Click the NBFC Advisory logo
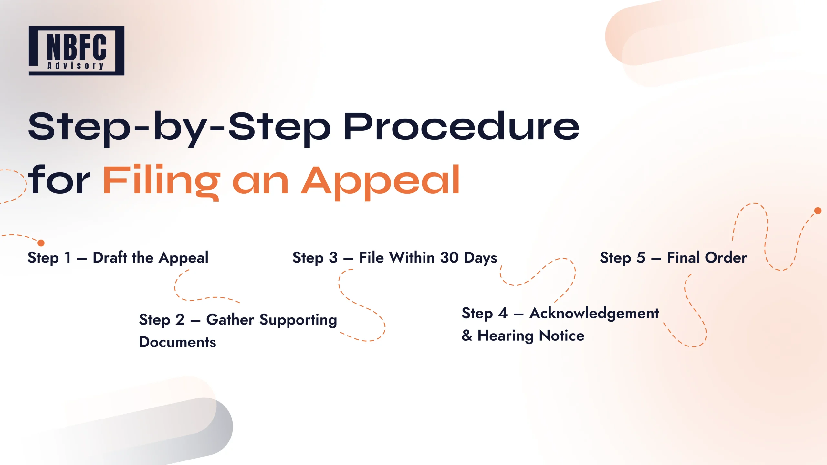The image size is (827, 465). [x=77, y=51]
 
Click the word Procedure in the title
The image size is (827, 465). [x=461, y=127]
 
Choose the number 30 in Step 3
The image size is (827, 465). [x=449, y=258]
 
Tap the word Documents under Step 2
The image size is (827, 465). [x=177, y=342]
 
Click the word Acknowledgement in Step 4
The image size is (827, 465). [x=594, y=314]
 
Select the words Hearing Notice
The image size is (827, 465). [x=531, y=336]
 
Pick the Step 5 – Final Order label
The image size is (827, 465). [x=673, y=258]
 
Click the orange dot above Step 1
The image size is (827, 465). [x=41, y=243]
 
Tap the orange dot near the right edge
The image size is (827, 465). [x=818, y=211]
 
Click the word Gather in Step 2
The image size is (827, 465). [x=230, y=320]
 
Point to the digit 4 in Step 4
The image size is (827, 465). [x=503, y=313]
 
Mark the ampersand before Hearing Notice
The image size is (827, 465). [x=467, y=336]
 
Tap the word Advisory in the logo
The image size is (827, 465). [x=76, y=66]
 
